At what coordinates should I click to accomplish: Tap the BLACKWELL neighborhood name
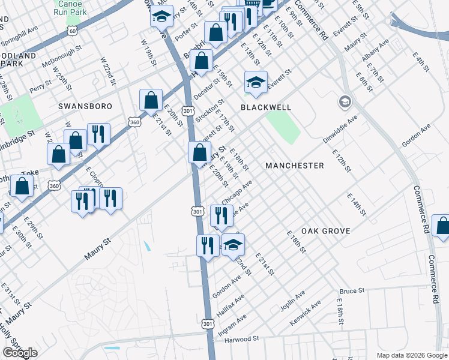(x=266, y=107)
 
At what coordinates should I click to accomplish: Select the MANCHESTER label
(x=295, y=165)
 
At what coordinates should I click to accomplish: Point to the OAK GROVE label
(x=326, y=230)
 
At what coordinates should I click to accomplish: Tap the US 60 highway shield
(x=73, y=31)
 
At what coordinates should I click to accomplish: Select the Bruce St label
(x=352, y=291)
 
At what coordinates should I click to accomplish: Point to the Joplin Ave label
(x=292, y=301)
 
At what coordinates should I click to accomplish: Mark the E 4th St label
(x=421, y=62)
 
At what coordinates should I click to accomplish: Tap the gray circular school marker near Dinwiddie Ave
(x=345, y=101)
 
